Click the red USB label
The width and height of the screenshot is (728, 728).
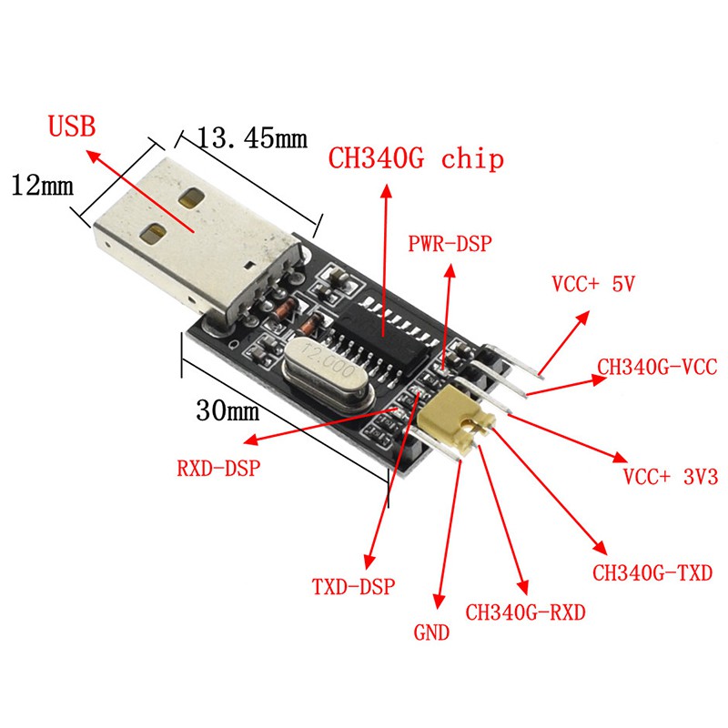(72, 126)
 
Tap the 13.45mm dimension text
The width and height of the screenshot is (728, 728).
(253, 138)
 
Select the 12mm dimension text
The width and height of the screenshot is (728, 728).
(42, 186)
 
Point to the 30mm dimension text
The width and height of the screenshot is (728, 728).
(227, 410)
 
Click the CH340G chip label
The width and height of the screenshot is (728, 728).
(416, 158)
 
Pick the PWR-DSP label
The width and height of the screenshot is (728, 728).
(450, 244)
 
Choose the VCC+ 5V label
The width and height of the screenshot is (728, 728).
(593, 284)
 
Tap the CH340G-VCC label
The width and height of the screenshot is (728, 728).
(657, 367)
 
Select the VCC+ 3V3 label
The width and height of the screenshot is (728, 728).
(671, 477)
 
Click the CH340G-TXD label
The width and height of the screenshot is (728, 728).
(652, 573)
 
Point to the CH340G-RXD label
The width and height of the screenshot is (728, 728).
(526, 612)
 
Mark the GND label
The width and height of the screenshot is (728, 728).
(431, 632)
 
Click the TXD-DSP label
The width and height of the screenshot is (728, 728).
(353, 587)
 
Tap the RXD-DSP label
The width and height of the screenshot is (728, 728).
(218, 468)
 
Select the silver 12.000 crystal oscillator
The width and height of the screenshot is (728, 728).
(328, 373)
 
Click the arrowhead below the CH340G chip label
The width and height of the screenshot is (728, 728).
(386, 191)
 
